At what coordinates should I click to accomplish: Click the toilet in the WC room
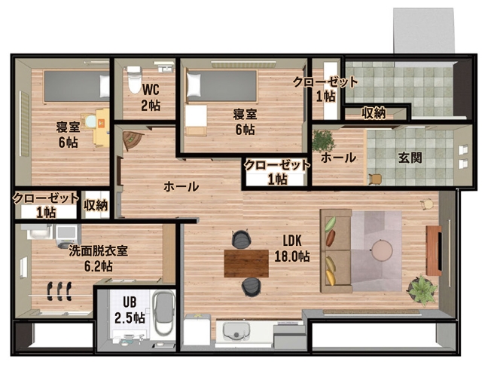134,79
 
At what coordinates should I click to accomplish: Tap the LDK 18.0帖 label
292,248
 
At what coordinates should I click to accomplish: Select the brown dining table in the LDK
246,263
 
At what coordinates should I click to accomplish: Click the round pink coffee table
382,250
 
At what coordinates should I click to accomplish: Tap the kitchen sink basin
236,331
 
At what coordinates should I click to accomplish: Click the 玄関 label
410,158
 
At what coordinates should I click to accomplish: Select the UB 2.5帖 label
130,310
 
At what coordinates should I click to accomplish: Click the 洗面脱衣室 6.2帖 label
99,259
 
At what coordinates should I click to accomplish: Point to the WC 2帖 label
151,97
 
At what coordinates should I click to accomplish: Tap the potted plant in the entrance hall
323,141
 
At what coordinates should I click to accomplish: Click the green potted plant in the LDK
422,290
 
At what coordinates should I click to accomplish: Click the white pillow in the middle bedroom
194,84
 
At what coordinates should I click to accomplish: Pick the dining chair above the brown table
241,239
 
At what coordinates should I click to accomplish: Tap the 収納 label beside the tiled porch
374,113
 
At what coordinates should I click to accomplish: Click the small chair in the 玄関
375,179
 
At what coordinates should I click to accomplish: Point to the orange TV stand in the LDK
434,250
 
